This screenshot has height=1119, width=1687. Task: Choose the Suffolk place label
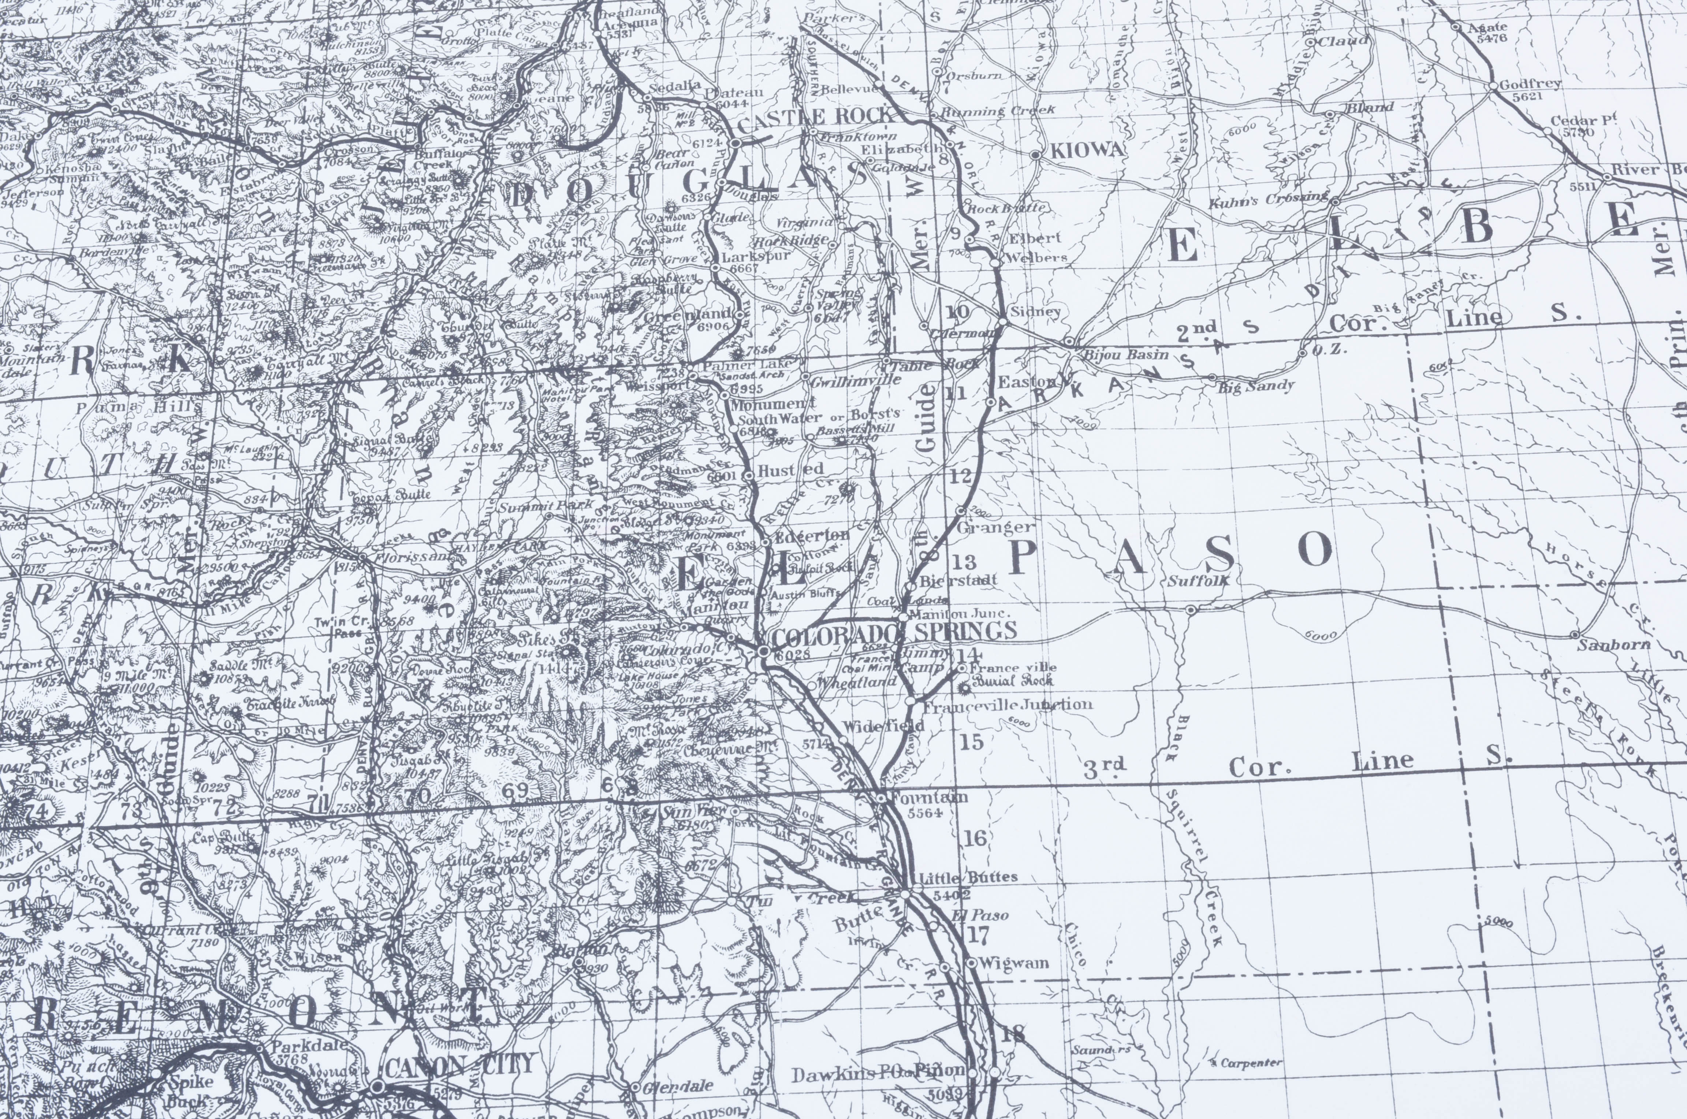point(1198,581)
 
